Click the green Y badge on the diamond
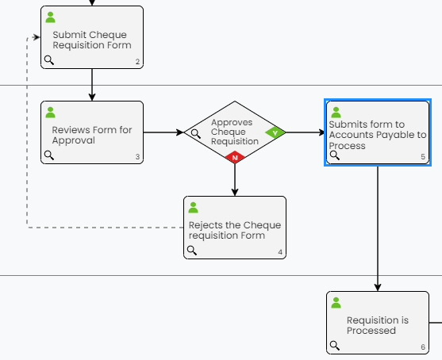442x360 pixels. (275, 132)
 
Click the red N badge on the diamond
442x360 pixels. (235, 157)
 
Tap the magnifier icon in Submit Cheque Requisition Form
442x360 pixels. (49, 60)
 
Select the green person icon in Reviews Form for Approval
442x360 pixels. (51, 113)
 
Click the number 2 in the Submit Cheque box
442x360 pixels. (137, 62)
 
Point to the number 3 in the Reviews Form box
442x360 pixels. (137, 157)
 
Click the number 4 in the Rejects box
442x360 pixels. (280, 252)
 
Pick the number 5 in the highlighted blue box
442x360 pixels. (423, 157)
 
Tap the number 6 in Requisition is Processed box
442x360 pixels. (423, 347)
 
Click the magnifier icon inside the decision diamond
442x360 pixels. (196, 134)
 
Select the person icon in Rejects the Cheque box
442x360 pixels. (194, 208)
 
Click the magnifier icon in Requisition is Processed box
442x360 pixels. (335, 346)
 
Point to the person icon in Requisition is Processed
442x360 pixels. (336, 303)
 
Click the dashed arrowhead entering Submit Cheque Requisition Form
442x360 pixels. (37, 37)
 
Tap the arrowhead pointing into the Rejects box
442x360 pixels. (235, 193)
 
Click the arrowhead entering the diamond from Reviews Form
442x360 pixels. (180, 132)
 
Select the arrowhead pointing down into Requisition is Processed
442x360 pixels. (378, 287)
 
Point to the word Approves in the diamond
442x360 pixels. (232, 122)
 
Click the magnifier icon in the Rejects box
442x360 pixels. (192, 250)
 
